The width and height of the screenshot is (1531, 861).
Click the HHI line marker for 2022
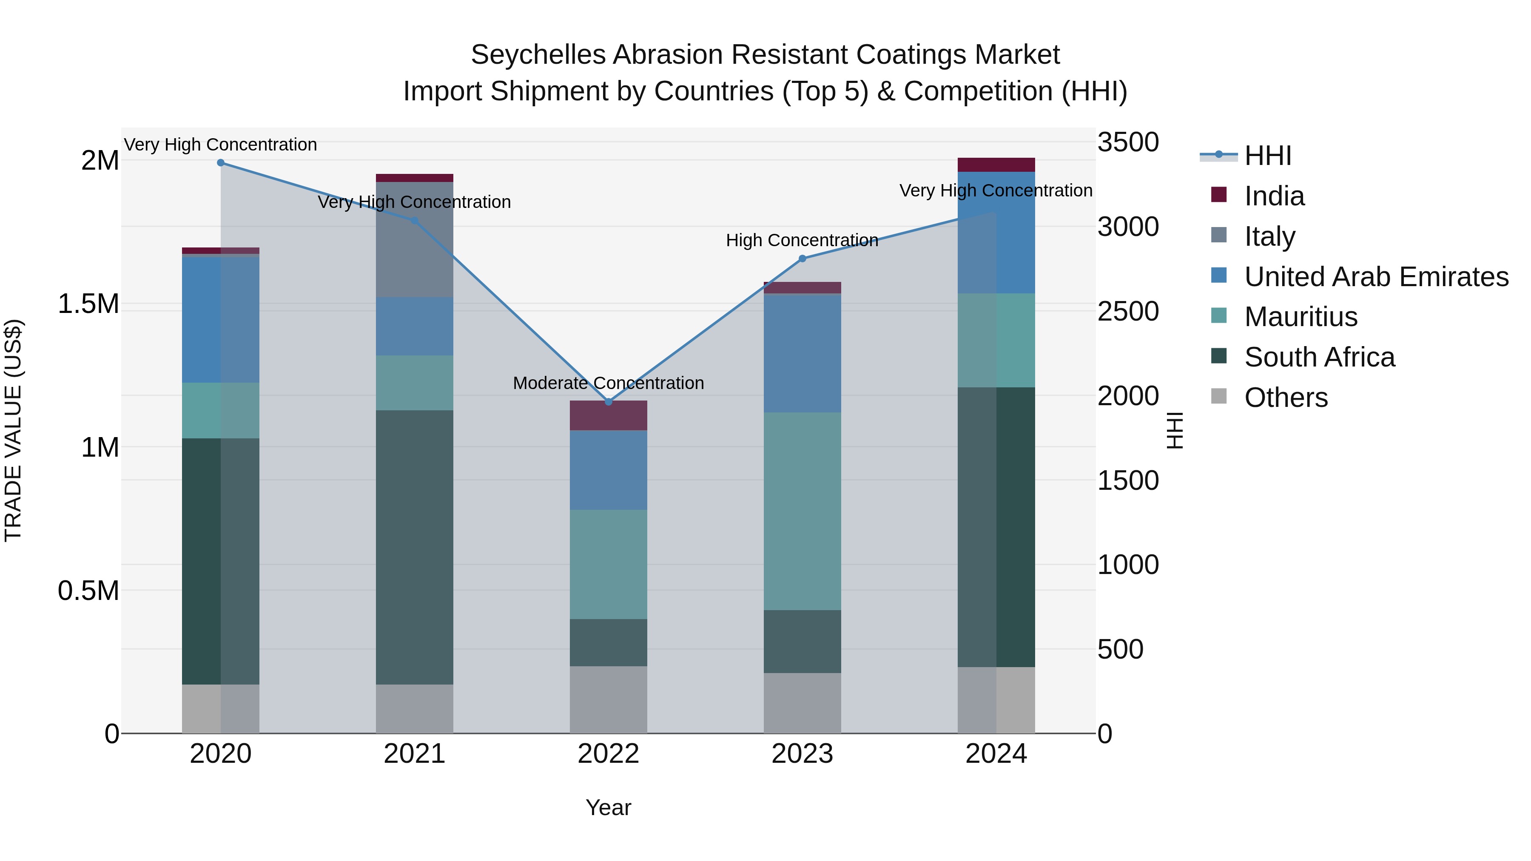tap(608, 402)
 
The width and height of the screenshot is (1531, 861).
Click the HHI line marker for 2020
tap(220, 162)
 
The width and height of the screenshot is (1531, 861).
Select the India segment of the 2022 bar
tap(608, 415)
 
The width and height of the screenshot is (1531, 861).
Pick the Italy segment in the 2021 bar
tap(414, 239)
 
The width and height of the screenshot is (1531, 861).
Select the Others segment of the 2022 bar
tap(608, 699)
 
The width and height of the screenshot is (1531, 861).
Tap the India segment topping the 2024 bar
tap(996, 165)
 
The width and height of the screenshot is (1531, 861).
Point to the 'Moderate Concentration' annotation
tap(608, 383)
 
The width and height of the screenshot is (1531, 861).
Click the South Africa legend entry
tap(1319, 358)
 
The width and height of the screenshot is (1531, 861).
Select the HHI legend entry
tap(1267, 156)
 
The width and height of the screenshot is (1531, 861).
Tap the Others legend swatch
tap(1218, 396)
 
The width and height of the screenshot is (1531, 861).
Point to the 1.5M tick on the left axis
tap(88, 304)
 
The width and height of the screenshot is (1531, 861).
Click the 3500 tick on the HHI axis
tap(1127, 142)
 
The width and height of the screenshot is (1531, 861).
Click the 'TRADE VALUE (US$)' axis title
tap(14, 430)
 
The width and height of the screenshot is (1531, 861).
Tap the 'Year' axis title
tap(608, 807)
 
